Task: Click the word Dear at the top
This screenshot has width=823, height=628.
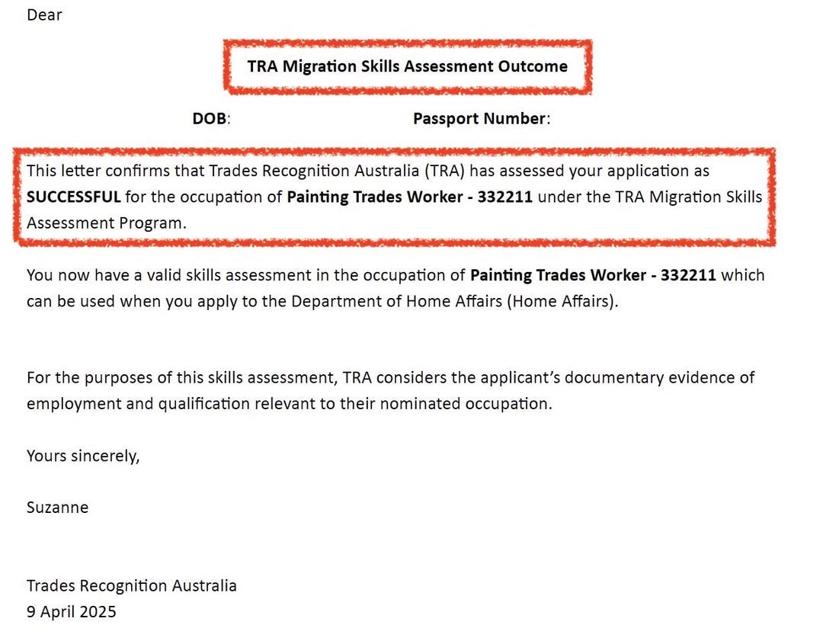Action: (44, 14)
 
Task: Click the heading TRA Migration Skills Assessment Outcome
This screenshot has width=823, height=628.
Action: (407, 66)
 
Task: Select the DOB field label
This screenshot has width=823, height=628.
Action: (210, 119)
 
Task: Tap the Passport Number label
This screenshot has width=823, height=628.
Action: (480, 119)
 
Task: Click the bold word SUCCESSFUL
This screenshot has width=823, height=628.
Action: (73, 197)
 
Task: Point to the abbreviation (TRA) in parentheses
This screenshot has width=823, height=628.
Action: (444, 171)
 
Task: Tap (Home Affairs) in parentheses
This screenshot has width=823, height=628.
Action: (562, 301)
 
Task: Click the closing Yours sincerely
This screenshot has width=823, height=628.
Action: (83, 457)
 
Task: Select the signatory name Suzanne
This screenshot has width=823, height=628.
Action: (57, 508)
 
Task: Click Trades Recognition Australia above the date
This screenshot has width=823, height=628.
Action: (131, 586)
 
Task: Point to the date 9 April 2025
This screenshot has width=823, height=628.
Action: (71, 612)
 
